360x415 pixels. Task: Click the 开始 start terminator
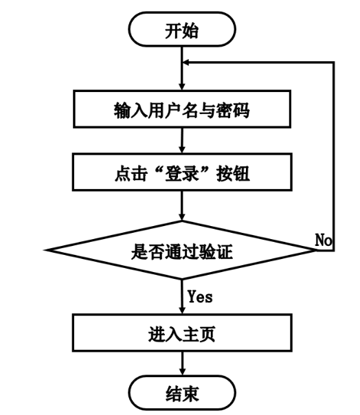(182, 30)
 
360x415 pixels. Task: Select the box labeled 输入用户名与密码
(182, 109)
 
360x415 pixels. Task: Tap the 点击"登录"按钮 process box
(182, 172)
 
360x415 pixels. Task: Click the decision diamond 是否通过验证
(182, 250)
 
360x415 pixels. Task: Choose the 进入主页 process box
(182, 333)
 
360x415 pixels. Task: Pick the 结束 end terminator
(182, 393)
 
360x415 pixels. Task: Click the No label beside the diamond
(323, 240)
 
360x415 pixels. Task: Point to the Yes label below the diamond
(200, 296)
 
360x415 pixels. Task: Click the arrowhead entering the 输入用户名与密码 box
(182, 87)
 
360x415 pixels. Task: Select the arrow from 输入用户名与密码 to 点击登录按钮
(182, 141)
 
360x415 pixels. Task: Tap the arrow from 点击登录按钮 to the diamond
(182, 205)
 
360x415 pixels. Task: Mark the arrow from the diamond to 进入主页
(182, 297)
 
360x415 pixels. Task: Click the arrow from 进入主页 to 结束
(182, 363)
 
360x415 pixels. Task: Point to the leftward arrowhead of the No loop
(186, 63)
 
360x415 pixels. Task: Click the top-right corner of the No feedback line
(334, 63)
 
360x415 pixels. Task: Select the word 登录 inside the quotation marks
(182, 173)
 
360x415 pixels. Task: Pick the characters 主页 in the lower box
(199, 334)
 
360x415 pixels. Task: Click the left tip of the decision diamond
(46, 250)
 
